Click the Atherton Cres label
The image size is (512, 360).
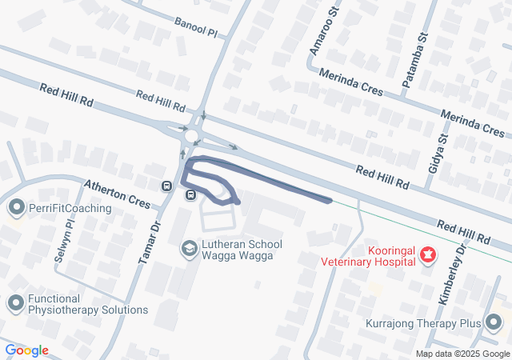tap(118, 192)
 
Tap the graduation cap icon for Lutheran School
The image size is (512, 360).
tap(189, 249)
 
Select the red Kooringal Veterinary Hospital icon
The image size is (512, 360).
tap(429, 255)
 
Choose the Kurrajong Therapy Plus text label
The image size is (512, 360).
tap(422, 323)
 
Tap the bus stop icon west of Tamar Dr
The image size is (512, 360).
tap(166, 186)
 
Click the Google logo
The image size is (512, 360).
tap(26, 350)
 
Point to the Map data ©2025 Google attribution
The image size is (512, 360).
tap(462, 354)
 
